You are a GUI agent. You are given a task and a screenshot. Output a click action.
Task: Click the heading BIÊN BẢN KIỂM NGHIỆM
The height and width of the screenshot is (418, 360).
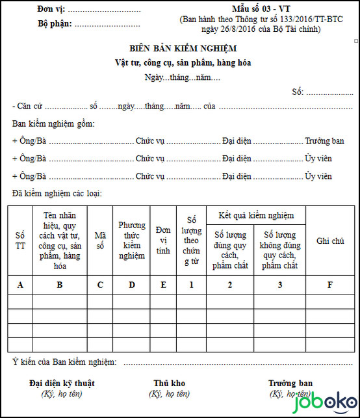tap(183, 49)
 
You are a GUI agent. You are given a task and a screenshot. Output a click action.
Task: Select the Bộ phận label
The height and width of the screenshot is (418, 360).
tap(55, 24)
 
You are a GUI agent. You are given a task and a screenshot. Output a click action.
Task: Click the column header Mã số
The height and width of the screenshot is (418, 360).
tap(99, 240)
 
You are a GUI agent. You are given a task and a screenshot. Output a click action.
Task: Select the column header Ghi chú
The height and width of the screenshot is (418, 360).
tap(330, 241)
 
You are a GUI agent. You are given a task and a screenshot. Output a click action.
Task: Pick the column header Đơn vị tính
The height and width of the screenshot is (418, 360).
tap(163, 241)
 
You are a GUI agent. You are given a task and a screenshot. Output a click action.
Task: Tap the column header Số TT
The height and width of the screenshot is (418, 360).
tap(20, 240)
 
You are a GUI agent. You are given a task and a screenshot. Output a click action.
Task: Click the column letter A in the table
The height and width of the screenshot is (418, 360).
tap(20, 284)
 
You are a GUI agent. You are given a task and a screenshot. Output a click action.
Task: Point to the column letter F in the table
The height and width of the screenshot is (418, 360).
tap(330, 284)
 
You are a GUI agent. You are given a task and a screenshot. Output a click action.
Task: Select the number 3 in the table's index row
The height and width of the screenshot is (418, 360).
tap(279, 284)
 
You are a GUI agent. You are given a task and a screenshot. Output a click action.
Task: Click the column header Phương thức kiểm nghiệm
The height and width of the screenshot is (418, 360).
tap(131, 241)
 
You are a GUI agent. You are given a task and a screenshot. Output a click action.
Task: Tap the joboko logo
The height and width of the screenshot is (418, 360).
tap(331, 404)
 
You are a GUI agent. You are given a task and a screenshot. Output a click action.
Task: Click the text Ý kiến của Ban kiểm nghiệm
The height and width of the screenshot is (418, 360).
tap(64, 361)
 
